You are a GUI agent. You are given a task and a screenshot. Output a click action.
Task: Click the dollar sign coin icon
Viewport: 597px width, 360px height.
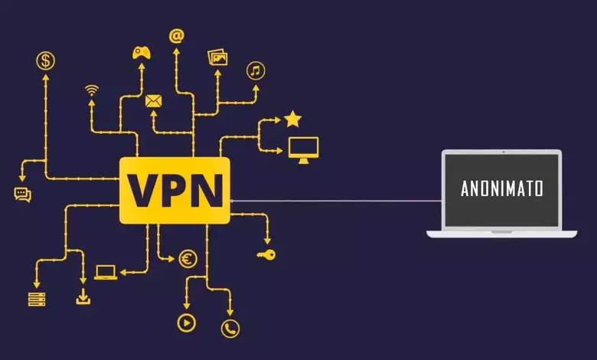[45, 61]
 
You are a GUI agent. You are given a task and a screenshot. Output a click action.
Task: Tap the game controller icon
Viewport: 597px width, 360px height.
[142, 53]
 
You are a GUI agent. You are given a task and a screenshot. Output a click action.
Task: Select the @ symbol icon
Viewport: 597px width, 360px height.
[177, 36]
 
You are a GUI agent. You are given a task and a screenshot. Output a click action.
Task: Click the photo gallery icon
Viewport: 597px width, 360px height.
[218, 57]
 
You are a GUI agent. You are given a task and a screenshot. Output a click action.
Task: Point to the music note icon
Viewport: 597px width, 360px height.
[256, 71]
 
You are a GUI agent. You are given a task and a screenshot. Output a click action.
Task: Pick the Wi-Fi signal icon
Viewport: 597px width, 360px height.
[92, 90]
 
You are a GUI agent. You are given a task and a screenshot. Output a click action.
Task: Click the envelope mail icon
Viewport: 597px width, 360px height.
[153, 101]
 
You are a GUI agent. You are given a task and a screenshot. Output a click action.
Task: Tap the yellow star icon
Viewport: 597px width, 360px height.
[293, 119]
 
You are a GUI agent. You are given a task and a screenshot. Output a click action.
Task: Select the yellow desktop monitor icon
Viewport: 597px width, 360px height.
[303, 150]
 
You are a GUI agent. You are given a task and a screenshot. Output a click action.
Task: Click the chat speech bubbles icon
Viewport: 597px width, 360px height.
[22, 195]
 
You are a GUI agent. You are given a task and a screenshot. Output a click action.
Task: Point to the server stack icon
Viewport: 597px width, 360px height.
[37, 299]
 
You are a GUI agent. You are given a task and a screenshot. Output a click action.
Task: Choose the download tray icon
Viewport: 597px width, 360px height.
[83, 296]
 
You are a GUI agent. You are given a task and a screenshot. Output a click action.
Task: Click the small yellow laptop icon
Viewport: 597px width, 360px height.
[106, 273]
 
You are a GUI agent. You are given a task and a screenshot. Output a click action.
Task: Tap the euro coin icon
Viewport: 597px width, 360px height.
[188, 260]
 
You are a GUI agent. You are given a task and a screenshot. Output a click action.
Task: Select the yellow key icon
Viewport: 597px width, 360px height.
[266, 254]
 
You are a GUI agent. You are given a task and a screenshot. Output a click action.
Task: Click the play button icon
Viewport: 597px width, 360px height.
[187, 323]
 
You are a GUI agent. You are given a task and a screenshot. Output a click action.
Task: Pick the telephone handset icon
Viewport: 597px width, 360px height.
[230, 329]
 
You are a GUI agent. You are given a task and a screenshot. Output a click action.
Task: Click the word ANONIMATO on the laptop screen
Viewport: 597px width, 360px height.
[502, 188]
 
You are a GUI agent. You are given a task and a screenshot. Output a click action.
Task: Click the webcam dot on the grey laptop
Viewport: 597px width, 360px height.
[504, 152]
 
